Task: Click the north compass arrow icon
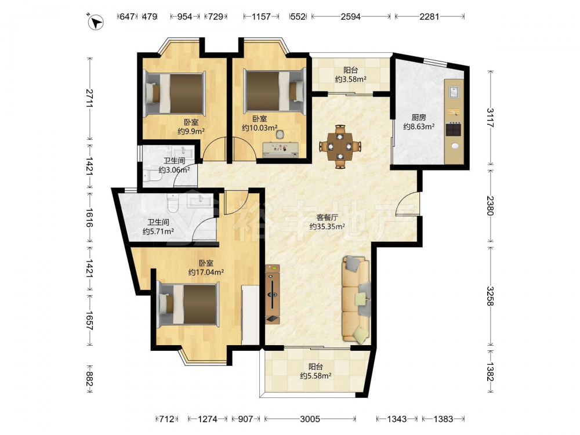96,21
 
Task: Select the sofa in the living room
356,299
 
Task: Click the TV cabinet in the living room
272,294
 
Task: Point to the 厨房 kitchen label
419,118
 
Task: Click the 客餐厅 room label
327,217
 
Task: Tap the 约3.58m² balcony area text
351,79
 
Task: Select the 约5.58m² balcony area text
316,376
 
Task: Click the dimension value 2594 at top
351,16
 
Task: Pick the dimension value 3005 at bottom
310,419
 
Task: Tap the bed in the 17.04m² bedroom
188,305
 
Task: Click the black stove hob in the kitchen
454,129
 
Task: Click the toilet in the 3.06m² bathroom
151,176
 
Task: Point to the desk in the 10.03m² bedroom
281,149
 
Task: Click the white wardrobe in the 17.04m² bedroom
251,314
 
